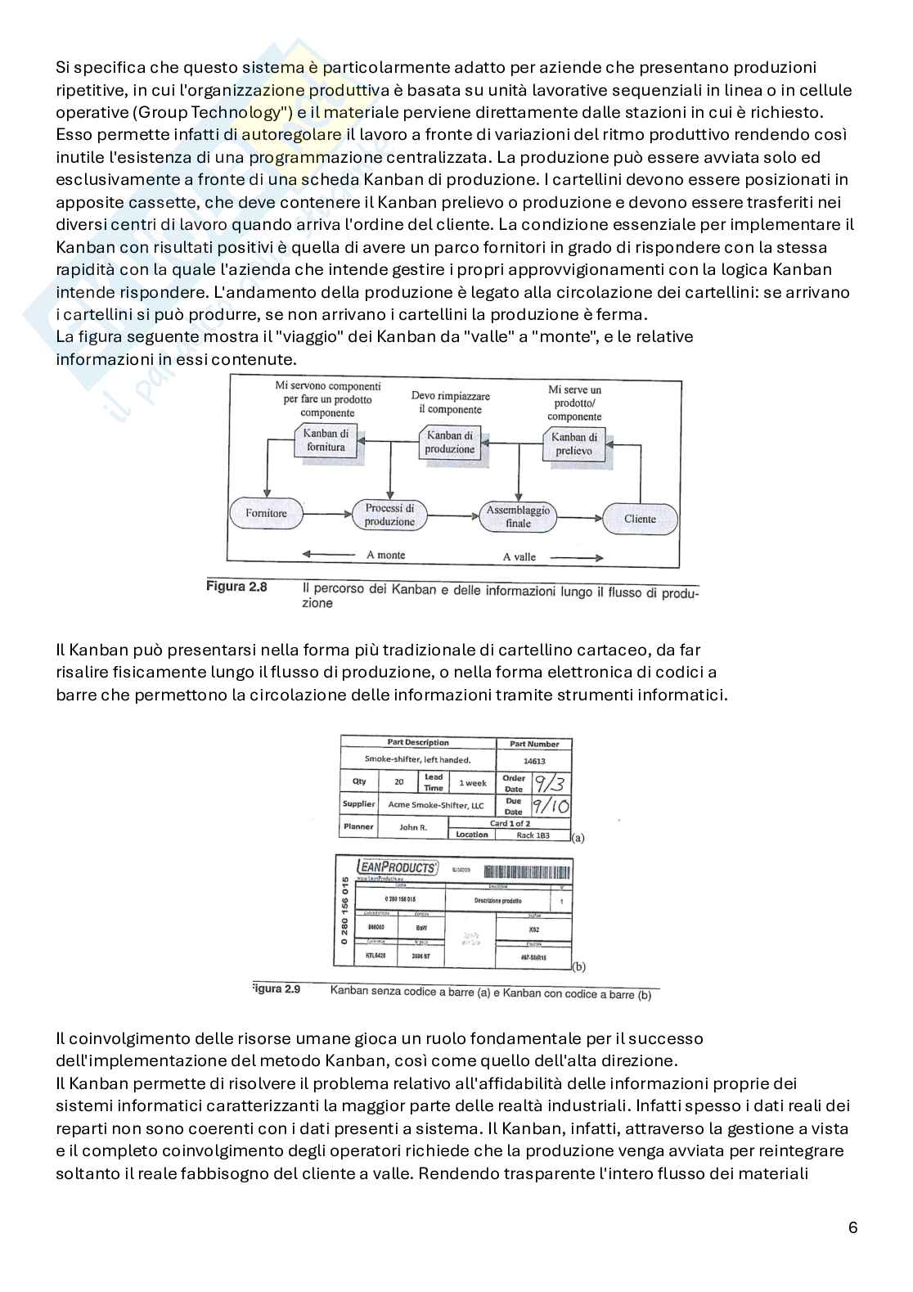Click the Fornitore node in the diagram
(267, 513)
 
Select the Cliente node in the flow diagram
(640, 519)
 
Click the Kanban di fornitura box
(326, 440)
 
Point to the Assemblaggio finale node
(518, 516)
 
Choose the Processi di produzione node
(389, 515)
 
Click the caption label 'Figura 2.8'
(236, 587)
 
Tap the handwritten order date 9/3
(551, 783)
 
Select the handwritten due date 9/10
(550, 806)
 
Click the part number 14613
(533, 760)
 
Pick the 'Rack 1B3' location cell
(533, 835)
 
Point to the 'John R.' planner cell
(413, 827)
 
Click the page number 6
(853, 1227)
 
